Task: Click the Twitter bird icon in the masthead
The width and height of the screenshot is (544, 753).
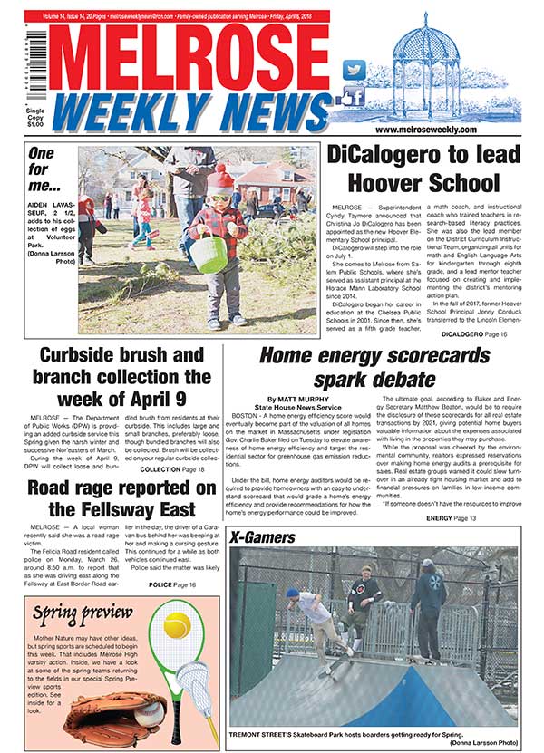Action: coord(354,69)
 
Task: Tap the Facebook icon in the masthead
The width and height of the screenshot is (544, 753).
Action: coord(353,97)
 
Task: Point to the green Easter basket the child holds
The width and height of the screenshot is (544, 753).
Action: coord(208,253)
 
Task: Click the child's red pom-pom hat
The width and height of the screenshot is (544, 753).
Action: coord(220,179)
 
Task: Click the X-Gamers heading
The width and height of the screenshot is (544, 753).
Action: coord(265,537)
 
